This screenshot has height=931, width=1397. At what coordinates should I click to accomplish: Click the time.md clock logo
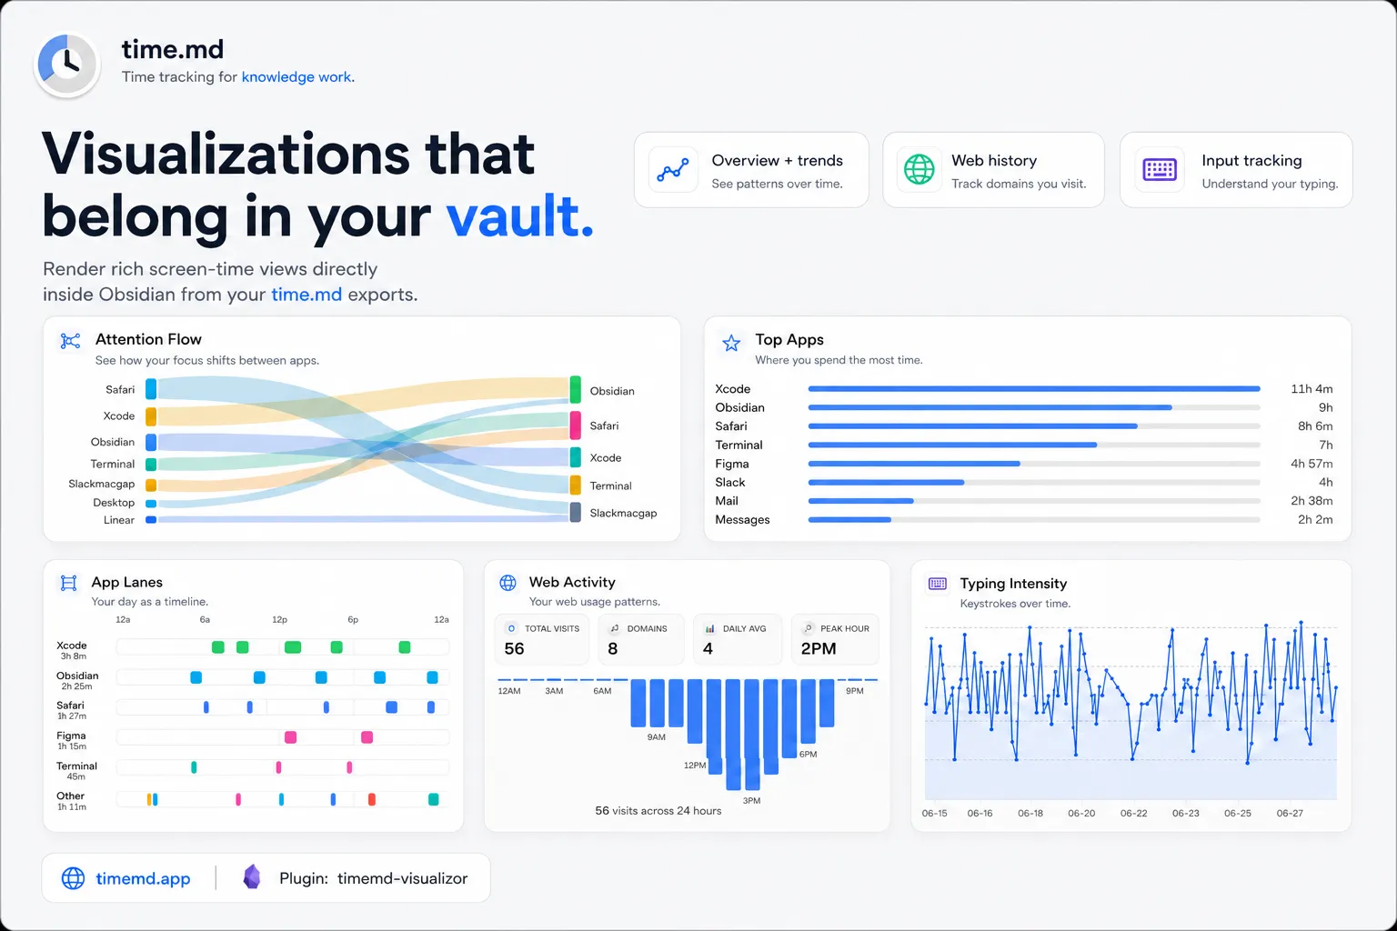tap(66, 64)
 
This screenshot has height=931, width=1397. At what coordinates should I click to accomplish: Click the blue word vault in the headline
tap(519, 216)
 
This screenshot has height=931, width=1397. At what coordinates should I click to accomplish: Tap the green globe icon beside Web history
tap(919, 170)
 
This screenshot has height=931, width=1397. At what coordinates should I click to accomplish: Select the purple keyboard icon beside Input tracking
tap(1160, 170)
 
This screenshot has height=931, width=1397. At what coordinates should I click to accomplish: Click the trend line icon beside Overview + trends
tap(672, 170)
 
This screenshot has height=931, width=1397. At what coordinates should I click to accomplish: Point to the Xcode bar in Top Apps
tap(1033, 388)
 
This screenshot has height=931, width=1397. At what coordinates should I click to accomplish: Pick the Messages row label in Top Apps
tap(742, 519)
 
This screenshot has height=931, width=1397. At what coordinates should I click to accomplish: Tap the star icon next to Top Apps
tap(731, 343)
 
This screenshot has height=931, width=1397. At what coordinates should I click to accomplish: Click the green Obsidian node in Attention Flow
tap(575, 390)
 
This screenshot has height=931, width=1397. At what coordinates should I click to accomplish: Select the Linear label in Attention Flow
tap(118, 520)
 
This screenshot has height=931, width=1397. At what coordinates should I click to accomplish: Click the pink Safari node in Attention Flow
tap(575, 425)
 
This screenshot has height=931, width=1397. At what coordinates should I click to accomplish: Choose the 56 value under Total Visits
tap(514, 648)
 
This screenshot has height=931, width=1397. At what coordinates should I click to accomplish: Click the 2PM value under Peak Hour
tap(819, 648)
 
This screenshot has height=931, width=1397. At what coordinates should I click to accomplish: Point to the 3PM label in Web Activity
tap(751, 801)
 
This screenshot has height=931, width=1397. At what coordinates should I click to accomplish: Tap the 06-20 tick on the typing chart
tap(1080, 813)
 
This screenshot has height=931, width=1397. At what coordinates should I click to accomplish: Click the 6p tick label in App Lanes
tap(353, 619)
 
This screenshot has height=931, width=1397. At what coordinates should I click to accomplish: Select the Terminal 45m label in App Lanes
tap(76, 771)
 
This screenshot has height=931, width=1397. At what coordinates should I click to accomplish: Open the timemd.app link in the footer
tap(143, 878)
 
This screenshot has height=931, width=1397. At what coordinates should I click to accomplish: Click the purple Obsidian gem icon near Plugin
tap(251, 876)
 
